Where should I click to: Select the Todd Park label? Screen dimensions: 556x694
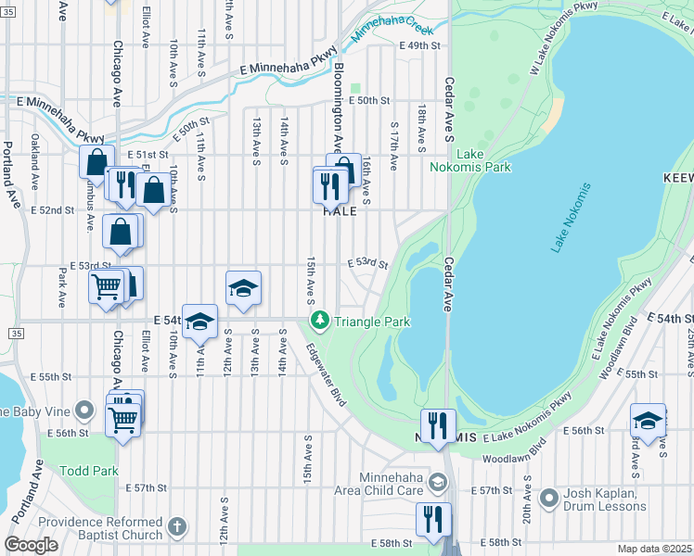point(87,471)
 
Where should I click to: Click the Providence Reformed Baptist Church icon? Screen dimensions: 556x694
point(177,528)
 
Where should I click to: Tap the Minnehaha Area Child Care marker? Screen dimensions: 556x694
point(439,482)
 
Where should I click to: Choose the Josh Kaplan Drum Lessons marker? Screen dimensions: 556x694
point(549,499)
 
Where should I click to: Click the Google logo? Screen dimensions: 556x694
point(31,545)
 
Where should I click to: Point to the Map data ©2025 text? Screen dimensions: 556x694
point(654,549)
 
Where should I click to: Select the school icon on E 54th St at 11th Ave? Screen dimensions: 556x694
point(199,322)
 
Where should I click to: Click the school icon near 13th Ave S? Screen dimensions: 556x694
point(243,288)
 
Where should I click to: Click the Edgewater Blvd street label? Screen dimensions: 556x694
point(326,375)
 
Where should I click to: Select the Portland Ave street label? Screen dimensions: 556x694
point(10,176)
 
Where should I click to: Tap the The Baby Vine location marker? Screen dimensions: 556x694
point(85,409)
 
